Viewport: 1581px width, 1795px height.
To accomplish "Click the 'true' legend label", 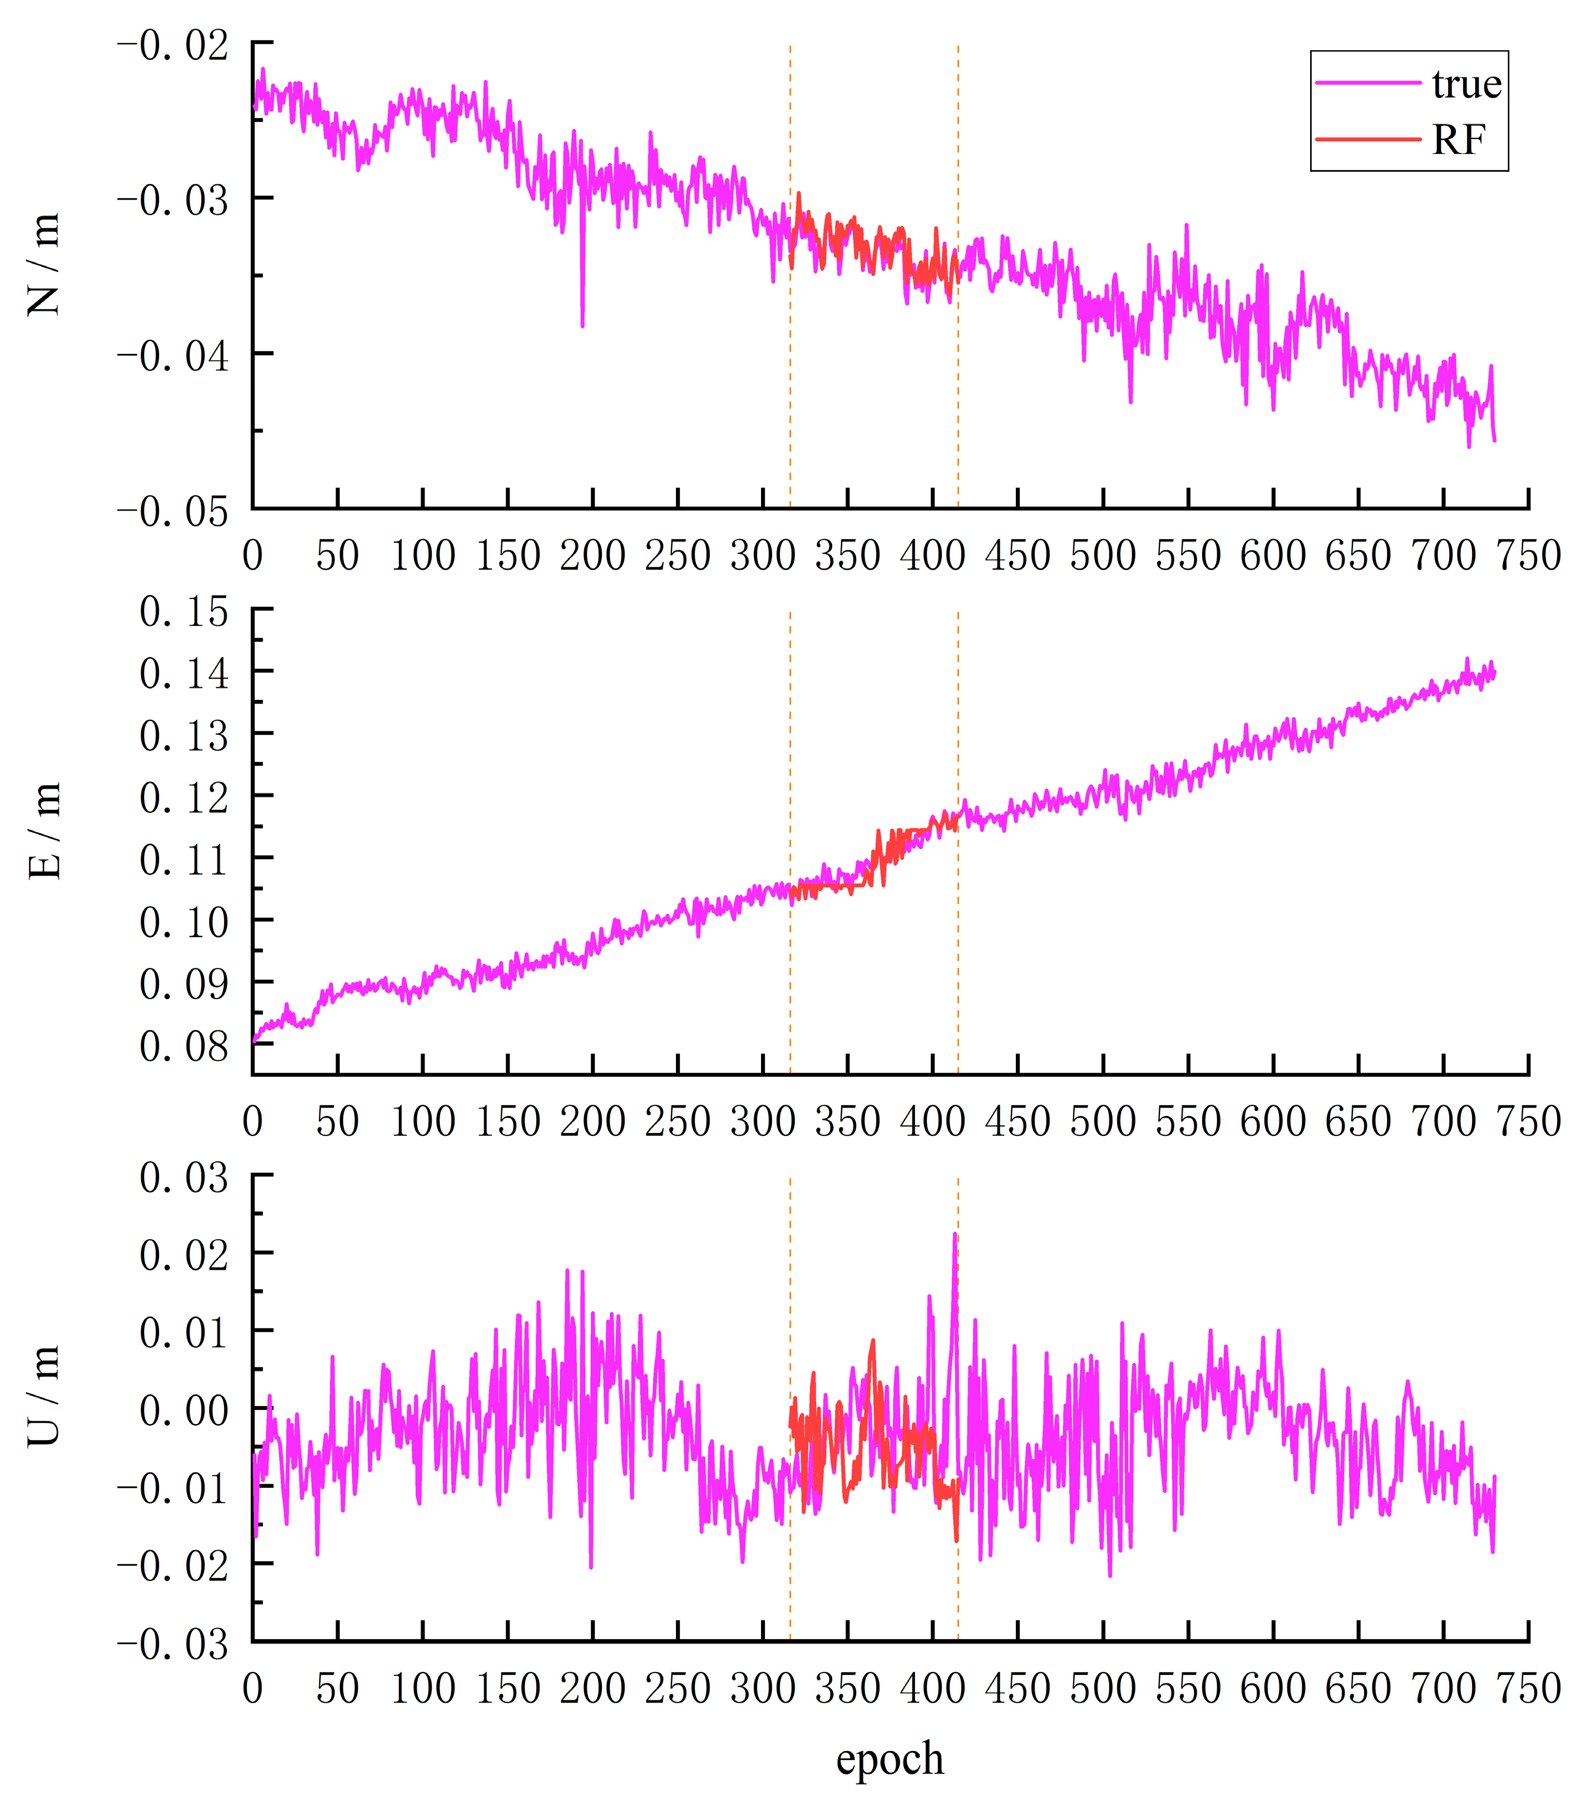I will (1466, 85).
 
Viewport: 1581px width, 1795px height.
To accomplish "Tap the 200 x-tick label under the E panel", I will (593, 1121).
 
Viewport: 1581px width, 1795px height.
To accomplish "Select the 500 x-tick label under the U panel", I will (1103, 1688).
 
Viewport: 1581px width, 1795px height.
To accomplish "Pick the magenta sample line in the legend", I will (1367, 82).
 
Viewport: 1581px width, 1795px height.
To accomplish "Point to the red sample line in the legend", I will (1367, 139).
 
